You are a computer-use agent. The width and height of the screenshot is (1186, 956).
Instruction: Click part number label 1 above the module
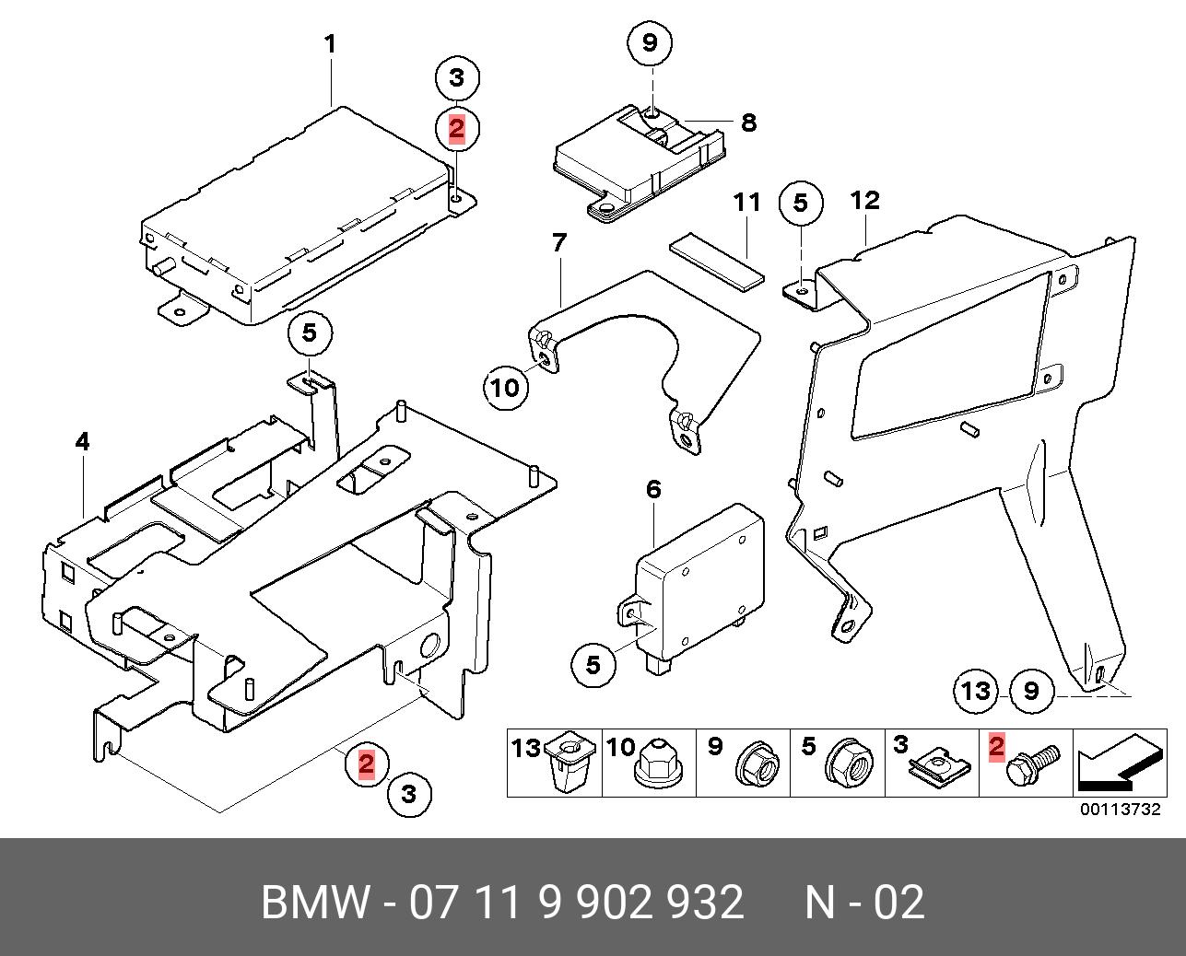[329, 43]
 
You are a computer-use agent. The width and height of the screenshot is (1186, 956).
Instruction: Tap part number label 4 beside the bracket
[83, 442]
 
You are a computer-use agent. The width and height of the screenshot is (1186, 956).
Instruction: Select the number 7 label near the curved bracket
[559, 243]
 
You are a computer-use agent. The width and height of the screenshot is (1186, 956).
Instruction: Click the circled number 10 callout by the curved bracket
[506, 388]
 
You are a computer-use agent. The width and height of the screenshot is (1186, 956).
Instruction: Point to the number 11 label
[746, 201]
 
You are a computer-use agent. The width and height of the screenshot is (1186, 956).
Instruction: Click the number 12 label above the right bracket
[865, 200]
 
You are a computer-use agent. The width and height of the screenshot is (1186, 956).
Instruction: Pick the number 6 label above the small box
[653, 489]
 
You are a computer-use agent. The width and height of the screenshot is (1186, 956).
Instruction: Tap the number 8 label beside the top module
[748, 122]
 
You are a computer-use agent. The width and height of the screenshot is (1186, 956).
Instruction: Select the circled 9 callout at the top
[650, 42]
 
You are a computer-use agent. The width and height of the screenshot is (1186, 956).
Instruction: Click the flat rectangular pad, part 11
[718, 261]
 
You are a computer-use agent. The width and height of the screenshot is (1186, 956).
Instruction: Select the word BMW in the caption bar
[314, 903]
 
